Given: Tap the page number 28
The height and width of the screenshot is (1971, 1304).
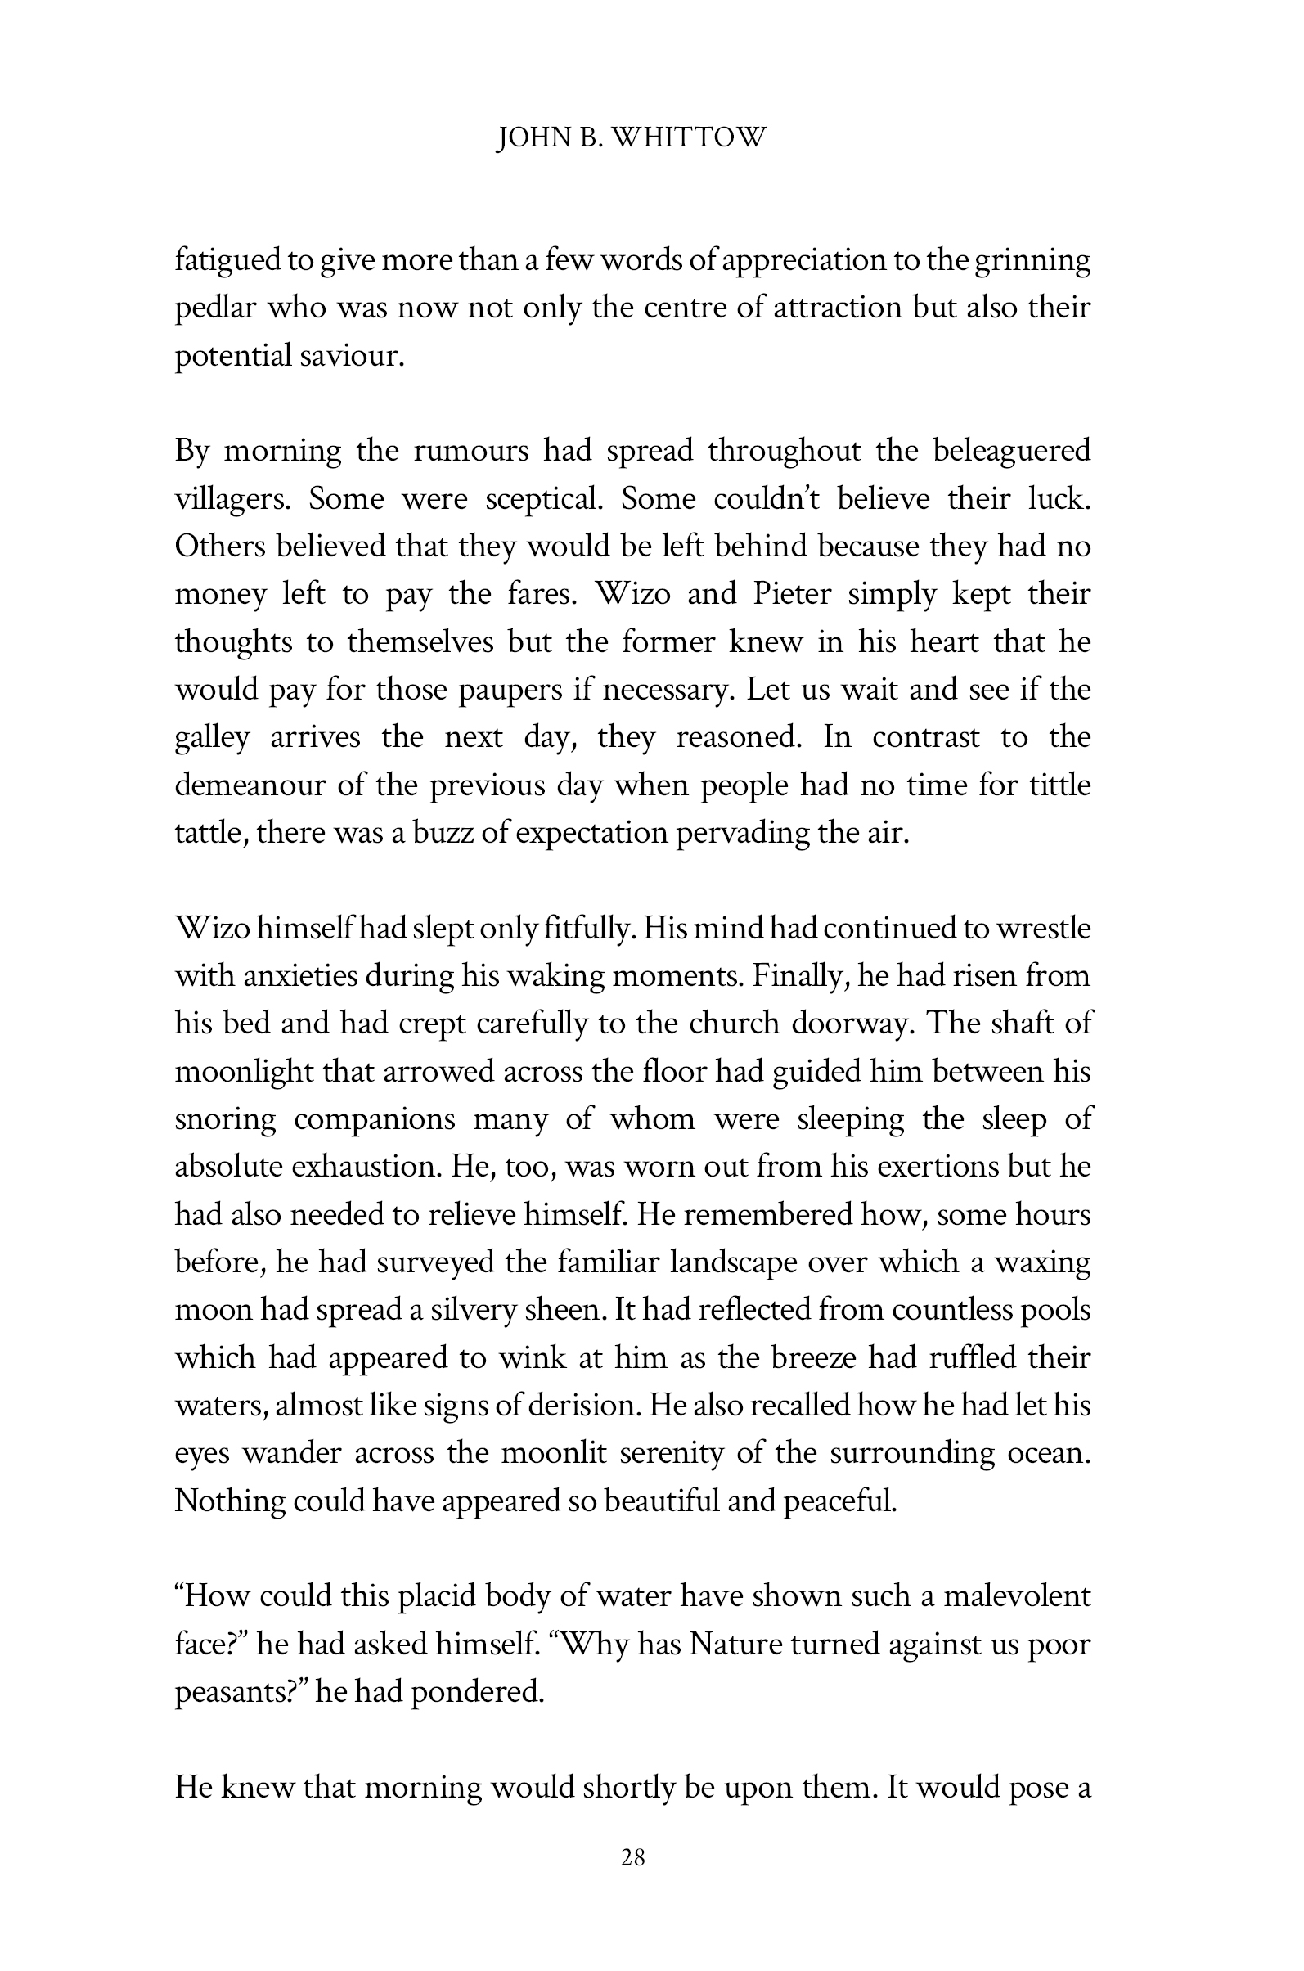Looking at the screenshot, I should pyautogui.click(x=633, y=1857).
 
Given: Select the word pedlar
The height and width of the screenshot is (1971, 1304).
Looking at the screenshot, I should pyautogui.click(x=213, y=308).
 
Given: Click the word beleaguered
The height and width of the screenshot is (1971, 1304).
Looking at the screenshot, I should pyautogui.click(x=1011, y=451).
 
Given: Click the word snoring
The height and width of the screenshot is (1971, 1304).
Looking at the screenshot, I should pyautogui.click(x=224, y=1119).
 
